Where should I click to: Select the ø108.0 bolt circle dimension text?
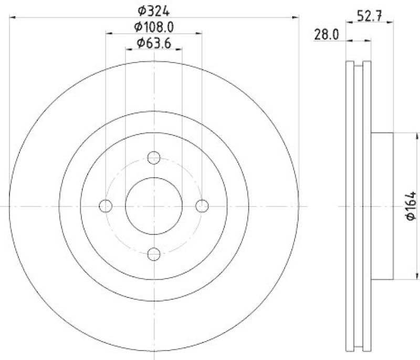pos(154,26)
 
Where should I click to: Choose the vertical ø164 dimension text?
pos(411,207)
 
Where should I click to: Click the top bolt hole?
pos(154,157)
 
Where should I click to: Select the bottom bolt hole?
pos(154,254)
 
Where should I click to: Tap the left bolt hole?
pos(106,205)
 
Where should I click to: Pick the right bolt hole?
pos(203,205)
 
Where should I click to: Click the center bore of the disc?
pos(154,205)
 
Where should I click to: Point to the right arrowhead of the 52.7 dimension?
pos(391,22)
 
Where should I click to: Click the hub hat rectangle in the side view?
pos(382,206)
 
